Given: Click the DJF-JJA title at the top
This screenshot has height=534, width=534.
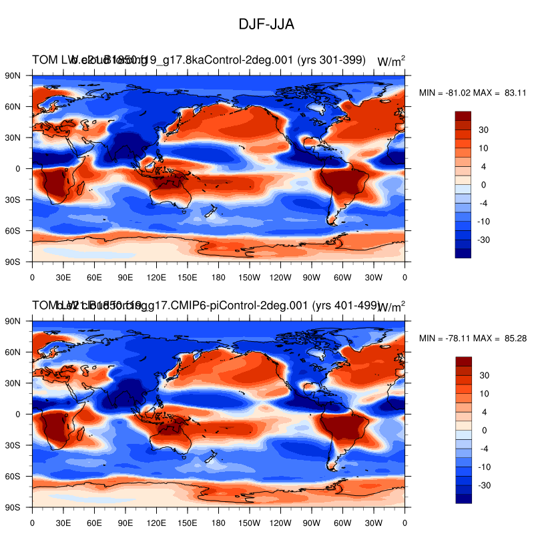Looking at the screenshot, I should coord(266,24).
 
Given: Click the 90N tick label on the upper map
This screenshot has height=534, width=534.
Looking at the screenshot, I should coord(13,75).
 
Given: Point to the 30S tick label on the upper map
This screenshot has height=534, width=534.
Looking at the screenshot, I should coord(13,200).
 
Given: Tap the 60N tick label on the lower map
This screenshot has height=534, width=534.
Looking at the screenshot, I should coord(13,352).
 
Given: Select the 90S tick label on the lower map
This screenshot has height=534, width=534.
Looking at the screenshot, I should coord(13,507).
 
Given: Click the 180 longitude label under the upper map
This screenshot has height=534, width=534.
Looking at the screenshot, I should coord(218,276).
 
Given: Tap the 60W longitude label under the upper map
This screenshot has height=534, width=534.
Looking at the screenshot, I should coord(342,276).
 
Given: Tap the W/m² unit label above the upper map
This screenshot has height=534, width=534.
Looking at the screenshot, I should coord(391,61).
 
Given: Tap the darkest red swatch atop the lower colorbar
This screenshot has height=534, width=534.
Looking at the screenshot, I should coord(463,361).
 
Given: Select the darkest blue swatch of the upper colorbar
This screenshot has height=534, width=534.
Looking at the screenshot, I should coord(463,253).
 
